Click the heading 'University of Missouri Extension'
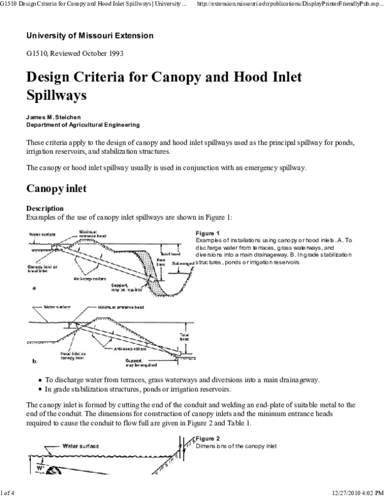coord(90,36)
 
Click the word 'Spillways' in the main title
coord(56,96)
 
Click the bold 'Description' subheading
coord(45,208)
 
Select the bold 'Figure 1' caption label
coord(208,233)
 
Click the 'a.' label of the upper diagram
coord(34,289)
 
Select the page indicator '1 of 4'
coord(8,491)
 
